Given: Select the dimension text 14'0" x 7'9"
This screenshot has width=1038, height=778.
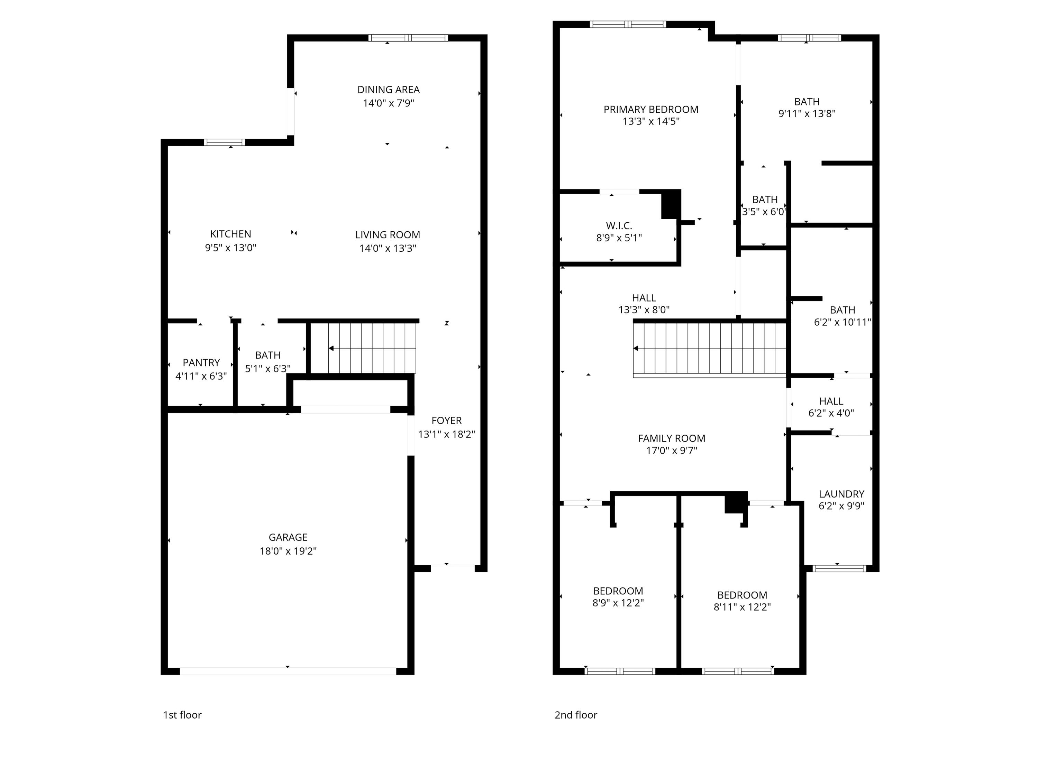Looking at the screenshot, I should click(388, 103).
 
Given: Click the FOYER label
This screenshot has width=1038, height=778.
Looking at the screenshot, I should click(446, 421).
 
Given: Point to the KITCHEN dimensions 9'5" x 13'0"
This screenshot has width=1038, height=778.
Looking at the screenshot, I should click(230, 248).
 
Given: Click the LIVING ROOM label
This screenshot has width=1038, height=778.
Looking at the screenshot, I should click(387, 235).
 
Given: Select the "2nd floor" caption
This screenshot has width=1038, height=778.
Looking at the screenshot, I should click(575, 715).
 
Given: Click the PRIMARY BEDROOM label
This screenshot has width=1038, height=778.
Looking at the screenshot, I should click(650, 110).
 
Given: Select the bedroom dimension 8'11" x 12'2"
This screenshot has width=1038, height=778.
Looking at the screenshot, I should click(742, 607).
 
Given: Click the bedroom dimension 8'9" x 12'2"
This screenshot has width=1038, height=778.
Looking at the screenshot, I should click(618, 603).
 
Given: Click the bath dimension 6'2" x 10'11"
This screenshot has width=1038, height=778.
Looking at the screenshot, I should click(842, 322).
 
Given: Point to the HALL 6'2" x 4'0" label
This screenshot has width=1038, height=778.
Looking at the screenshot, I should click(831, 401).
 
